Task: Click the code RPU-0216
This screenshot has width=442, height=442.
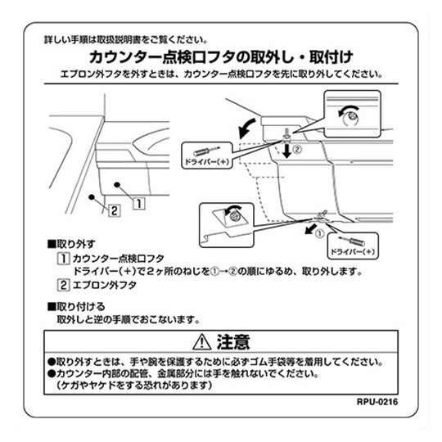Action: pyautogui.click(x=377, y=401)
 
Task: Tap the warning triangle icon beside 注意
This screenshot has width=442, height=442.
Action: pyautogui.click(x=202, y=342)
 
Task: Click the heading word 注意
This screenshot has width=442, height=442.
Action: pyautogui.click(x=233, y=342)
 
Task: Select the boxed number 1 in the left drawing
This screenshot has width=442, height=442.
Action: pyautogui.click(x=139, y=204)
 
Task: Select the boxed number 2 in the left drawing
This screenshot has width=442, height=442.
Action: pyautogui.click(x=114, y=210)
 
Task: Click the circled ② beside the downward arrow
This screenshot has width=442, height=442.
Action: pyautogui.click(x=297, y=150)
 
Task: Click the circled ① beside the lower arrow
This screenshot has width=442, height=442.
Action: pyautogui.click(x=319, y=233)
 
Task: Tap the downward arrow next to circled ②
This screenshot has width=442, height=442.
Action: pyautogui.click(x=287, y=151)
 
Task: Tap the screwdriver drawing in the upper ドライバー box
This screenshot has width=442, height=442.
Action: pyautogui.click(x=206, y=151)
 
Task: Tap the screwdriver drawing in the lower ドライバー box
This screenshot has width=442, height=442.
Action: pyautogui.click(x=352, y=241)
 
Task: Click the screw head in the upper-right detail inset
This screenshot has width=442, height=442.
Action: pyautogui.click(x=351, y=116)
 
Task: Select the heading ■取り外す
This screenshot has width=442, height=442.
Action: pyautogui.click(x=71, y=244)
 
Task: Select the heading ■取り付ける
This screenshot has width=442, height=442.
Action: pyautogui.click(x=76, y=306)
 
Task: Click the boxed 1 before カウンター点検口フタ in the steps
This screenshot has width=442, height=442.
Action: pyautogui.click(x=63, y=259)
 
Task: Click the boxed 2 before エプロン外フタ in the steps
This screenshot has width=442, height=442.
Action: pyautogui.click(x=63, y=285)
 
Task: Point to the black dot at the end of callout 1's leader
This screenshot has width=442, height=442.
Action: pyautogui.click(x=117, y=185)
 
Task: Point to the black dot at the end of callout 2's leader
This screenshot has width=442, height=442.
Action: pyautogui.click(x=92, y=197)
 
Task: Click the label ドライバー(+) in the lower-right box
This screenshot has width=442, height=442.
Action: pyautogui.click(x=353, y=252)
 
